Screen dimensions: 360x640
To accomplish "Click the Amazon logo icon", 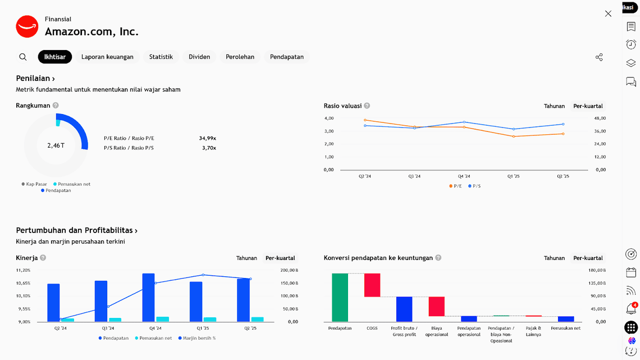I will tap(27, 26).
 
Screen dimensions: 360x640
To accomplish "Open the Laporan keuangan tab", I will tap(107, 57).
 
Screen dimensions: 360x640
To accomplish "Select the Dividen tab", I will tap(199, 57).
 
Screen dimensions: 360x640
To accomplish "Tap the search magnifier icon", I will tap(23, 57).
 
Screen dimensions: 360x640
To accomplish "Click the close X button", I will tap(608, 13).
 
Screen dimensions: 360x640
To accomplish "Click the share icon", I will tap(599, 57).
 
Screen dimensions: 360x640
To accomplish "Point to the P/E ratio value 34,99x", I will tap(207, 138).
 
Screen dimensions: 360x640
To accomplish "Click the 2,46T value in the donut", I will tap(56, 145).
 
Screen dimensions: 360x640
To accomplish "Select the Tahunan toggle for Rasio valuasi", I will tap(554, 106).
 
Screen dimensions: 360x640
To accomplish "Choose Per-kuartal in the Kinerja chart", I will tap(280, 258).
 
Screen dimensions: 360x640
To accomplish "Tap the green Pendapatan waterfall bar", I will tap(340, 298).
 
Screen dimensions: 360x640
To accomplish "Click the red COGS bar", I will tap(372, 285).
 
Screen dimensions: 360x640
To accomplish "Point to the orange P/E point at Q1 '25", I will tap(513, 136).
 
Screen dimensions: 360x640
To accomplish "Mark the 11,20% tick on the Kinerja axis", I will tap(23, 270).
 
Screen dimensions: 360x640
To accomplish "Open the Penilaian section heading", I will tap(35, 79).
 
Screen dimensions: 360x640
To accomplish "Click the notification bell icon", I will tap(630, 309).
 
